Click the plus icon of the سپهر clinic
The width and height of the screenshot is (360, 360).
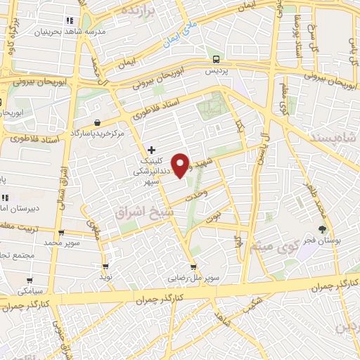tap(152, 150)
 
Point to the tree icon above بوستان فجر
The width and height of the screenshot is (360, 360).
tap(323, 229)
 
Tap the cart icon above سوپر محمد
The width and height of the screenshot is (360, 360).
tap(62, 232)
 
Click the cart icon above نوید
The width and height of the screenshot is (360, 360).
tap(105, 266)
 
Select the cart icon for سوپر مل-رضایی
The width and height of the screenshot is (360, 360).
tap(193, 267)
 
